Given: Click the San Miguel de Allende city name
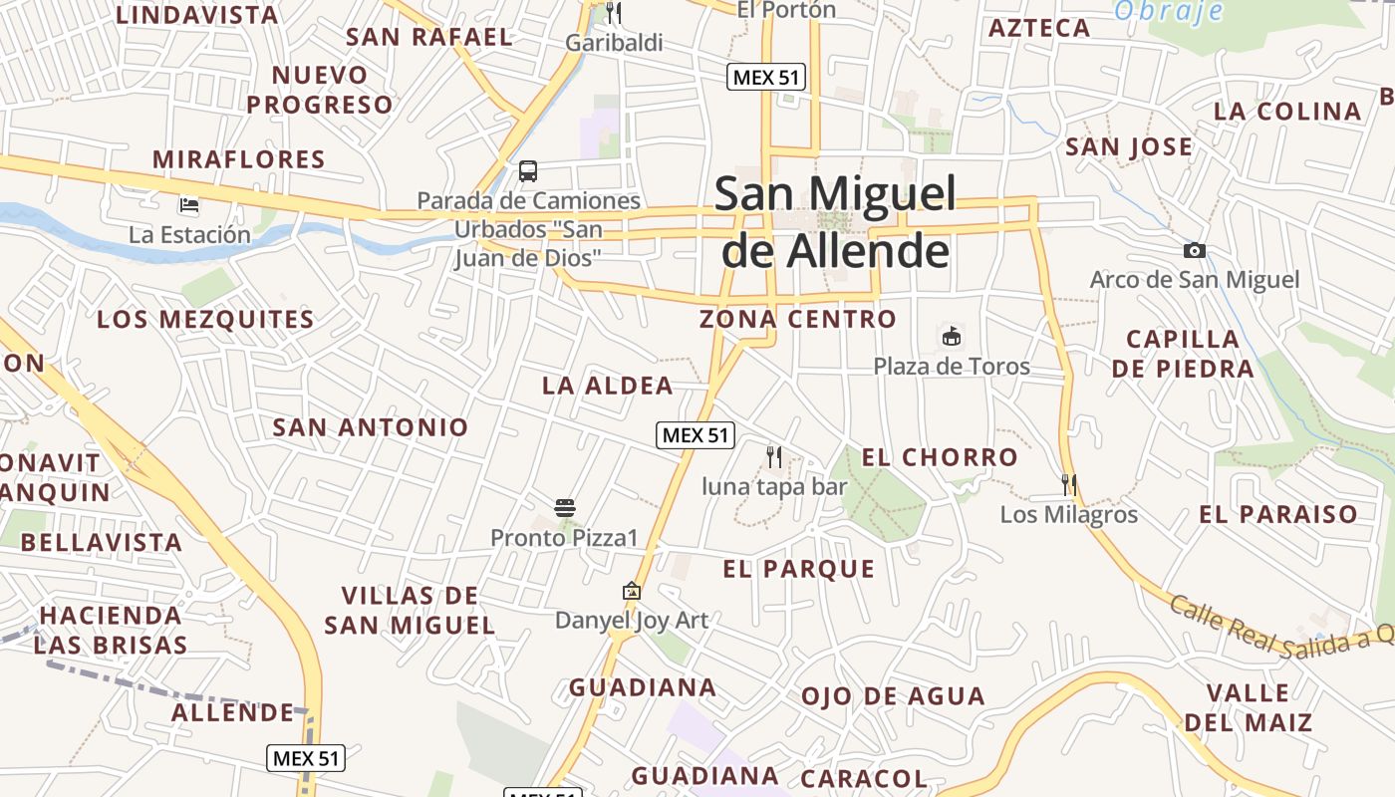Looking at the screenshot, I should point(835,222).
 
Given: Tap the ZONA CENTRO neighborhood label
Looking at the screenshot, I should point(797,320).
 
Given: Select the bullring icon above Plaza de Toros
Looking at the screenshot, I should point(952,337).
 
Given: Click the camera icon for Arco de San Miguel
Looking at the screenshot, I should point(1194,250).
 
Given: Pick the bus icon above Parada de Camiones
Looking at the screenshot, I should point(528,171).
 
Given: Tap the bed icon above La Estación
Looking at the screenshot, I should point(189,206).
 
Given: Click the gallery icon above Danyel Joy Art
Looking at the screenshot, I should point(631,591).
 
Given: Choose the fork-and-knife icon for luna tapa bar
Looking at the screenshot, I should point(774,456).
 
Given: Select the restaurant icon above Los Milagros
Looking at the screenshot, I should point(1068,485).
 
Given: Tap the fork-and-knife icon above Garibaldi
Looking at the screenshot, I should point(614,13).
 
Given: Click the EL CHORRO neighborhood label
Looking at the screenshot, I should point(940,457).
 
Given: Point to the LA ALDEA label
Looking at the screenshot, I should point(607,386).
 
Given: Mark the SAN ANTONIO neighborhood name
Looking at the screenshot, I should point(371,427).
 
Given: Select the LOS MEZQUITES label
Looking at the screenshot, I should point(205,320).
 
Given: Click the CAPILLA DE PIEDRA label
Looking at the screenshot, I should point(1183,354).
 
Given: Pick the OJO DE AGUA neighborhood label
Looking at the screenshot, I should point(893,696).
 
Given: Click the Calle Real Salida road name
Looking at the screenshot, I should point(1280,624).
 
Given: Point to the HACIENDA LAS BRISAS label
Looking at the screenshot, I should point(111,630).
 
